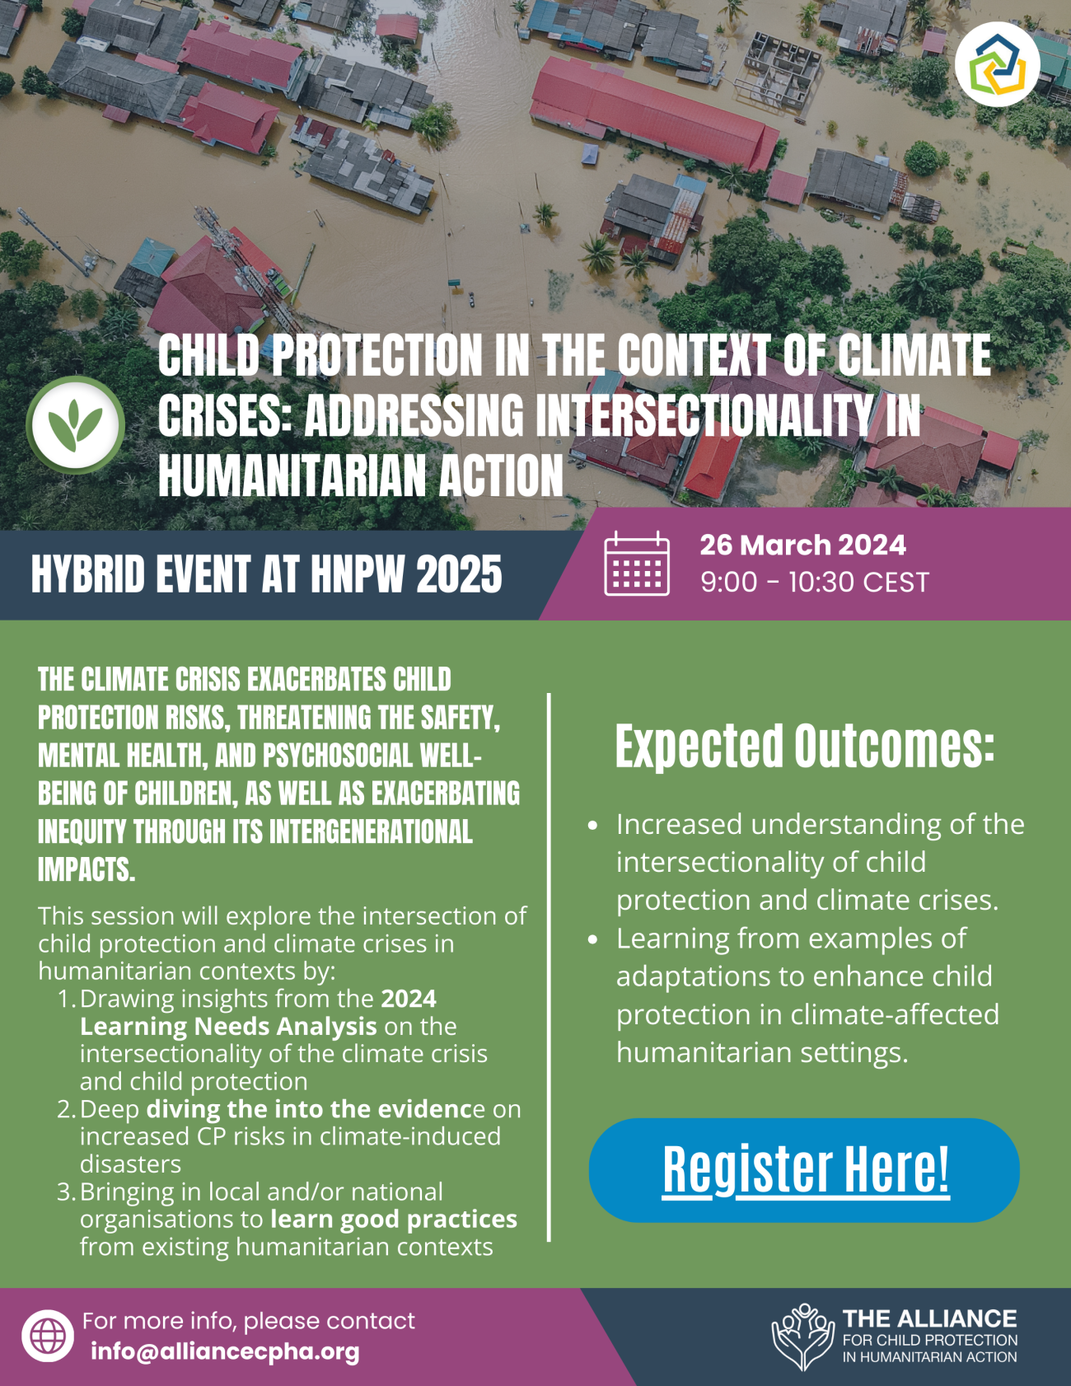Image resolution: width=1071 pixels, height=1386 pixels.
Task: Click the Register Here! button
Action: pyautogui.click(x=805, y=1169)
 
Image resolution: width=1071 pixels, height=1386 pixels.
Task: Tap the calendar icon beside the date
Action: pyautogui.click(x=636, y=564)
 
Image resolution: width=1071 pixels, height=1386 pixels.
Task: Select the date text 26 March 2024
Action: pyautogui.click(x=802, y=546)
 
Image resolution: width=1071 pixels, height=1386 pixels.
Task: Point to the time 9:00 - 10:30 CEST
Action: pyautogui.click(x=814, y=583)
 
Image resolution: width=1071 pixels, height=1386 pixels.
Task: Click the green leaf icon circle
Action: pyautogui.click(x=75, y=425)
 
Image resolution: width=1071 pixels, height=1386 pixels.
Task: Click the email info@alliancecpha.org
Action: pyautogui.click(x=225, y=1351)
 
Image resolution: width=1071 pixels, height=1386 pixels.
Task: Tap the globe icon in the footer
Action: pyautogui.click(x=48, y=1336)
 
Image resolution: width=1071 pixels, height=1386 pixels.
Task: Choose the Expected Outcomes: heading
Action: pyautogui.click(x=804, y=747)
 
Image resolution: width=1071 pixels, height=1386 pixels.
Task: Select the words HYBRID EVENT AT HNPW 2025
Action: pyautogui.click(x=266, y=574)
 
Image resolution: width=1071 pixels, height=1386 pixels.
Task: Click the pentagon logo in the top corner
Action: pyautogui.click(x=997, y=64)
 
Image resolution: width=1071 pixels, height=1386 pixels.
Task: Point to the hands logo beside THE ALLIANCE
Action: pyautogui.click(x=802, y=1337)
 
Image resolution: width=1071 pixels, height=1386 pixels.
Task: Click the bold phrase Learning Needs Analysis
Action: pyautogui.click(x=228, y=1027)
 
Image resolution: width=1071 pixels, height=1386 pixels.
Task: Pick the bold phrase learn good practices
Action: pyautogui.click(x=394, y=1220)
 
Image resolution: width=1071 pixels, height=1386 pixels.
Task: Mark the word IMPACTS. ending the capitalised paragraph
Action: pyautogui.click(x=87, y=870)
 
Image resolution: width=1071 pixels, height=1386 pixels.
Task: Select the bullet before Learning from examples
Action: pyautogui.click(x=592, y=939)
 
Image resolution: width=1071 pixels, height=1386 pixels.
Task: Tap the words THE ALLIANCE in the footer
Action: pyautogui.click(x=929, y=1318)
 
